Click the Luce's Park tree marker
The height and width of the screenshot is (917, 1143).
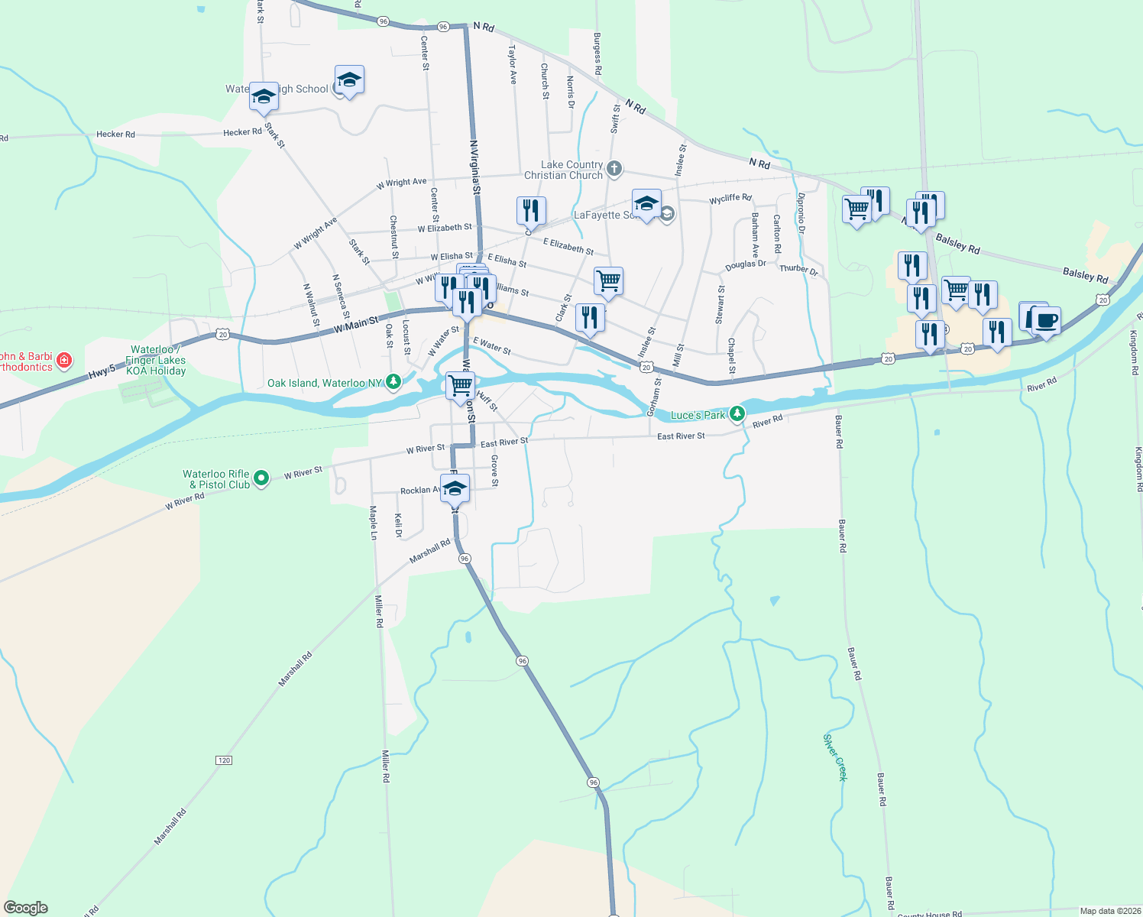pyautogui.click(x=737, y=414)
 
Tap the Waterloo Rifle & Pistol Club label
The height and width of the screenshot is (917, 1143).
pyautogui.click(x=216, y=479)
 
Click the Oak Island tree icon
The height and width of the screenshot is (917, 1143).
pyautogui.click(x=393, y=381)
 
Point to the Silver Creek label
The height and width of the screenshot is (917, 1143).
pyautogui.click(x=835, y=757)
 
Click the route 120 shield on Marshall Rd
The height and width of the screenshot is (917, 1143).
pyautogui.click(x=223, y=760)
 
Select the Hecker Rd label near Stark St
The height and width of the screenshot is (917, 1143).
pyautogui.click(x=242, y=132)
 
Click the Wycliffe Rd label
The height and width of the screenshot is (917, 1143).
pyautogui.click(x=730, y=199)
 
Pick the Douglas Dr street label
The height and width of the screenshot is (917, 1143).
pyautogui.click(x=745, y=265)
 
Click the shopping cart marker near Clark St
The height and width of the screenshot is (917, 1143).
pyautogui.click(x=608, y=281)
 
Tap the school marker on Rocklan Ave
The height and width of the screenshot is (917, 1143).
pyautogui.click(x=455, y=488)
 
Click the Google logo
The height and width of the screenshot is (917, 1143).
pyautogui.click(x=25, y=908)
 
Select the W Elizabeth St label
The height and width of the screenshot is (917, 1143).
pyautogui.click(x=445, y=228)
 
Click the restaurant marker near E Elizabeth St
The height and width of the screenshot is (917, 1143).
pyautogui.click(x=531, y=210)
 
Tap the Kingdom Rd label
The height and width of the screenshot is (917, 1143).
pyautogui.click(x=1134, y=352)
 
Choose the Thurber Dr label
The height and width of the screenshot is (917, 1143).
pyautogui.click(x=798, y=270)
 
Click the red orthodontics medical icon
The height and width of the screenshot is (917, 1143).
pyautogui.click(x=64, y=359)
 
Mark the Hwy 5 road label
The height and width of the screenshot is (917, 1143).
pyautogui.click(x=102, y=371)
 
